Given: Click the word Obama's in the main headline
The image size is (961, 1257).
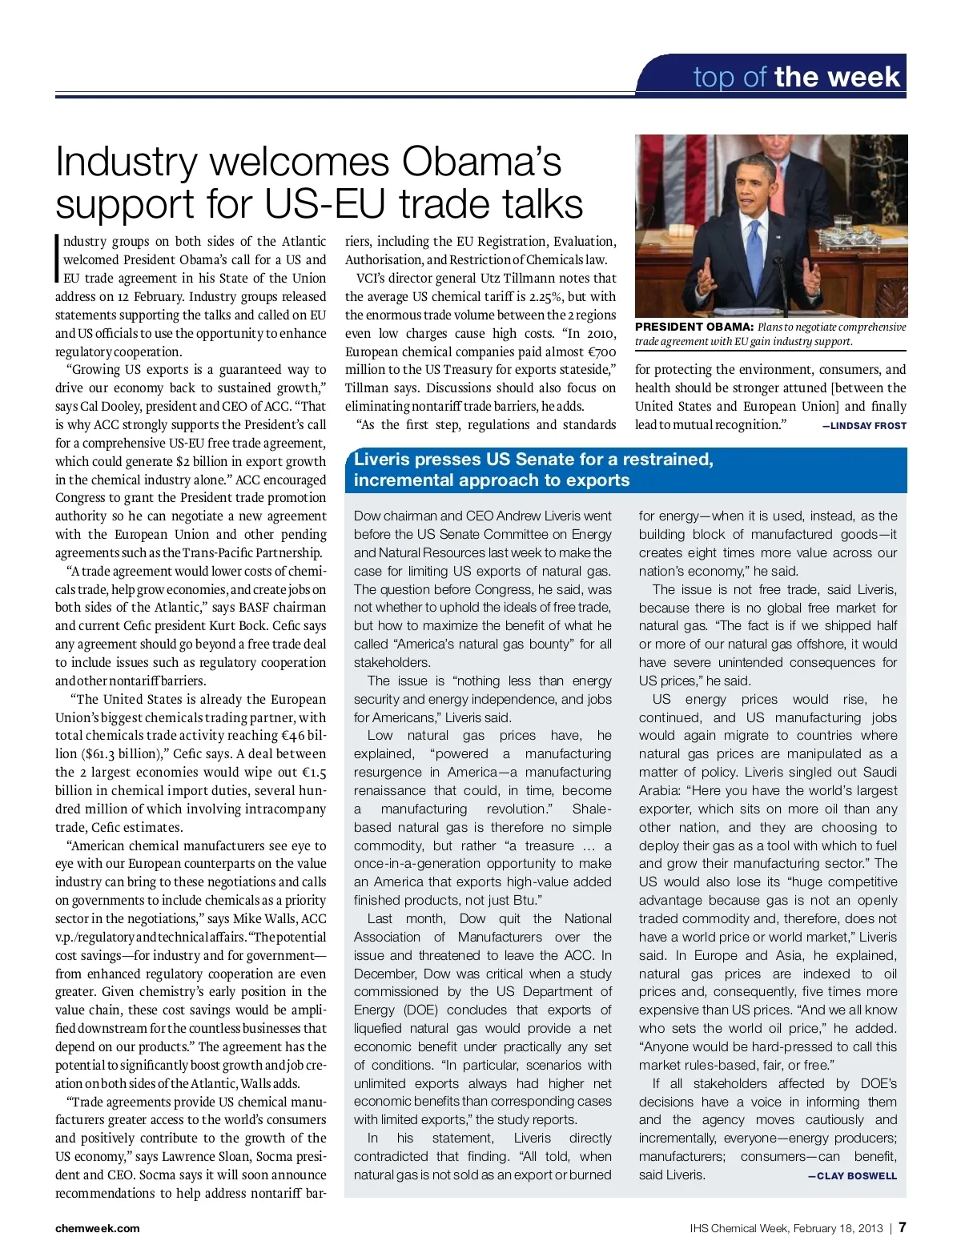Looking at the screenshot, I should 482,162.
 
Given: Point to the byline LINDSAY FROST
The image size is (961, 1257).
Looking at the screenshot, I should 864,426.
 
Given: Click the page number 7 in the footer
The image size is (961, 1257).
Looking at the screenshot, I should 902,1227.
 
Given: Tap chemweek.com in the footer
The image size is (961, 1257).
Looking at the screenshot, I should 97,1228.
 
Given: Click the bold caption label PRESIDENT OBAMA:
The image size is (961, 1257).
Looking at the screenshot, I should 694,327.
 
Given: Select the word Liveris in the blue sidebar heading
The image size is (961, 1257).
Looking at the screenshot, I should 381,460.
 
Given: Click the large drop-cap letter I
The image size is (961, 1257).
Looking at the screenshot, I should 58,259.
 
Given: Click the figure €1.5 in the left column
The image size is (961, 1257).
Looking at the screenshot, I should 314,772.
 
